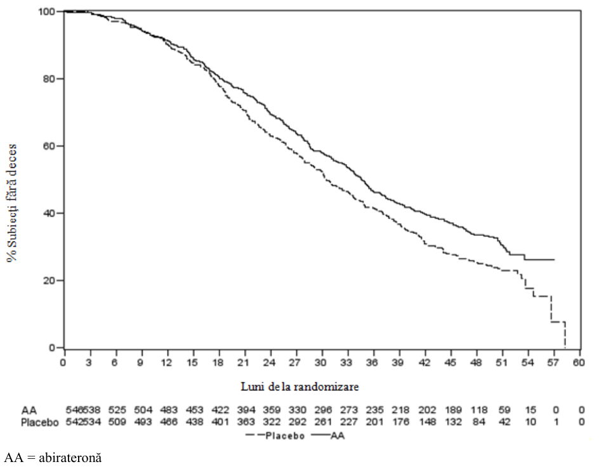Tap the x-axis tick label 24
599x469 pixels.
(x=270, y=363)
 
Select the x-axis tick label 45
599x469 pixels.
(x=451, y=363)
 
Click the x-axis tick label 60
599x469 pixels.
(x=579, y=363)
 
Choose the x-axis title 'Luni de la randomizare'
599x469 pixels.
(x=300, y=387)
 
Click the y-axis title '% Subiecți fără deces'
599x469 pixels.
(x=12, y=203)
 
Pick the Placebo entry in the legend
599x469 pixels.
(x=275, y=436)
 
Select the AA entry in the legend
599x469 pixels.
(x=328, y=436)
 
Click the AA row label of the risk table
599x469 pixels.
(x=29, y=411)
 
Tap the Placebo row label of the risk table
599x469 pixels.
(x=40, y=423)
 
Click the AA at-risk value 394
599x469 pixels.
(x=246, y=410)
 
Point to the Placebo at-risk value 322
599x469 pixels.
(x=272, y=422)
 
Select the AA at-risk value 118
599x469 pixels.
(x=479, y=410)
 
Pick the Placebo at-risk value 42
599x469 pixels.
(x=504, y=422)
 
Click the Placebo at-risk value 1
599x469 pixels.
(x=556, y=422)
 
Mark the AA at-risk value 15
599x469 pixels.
(x=530, y=410)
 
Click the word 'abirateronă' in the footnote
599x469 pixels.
(x=70, y=458)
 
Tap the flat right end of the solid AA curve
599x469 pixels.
(x=554, y=259)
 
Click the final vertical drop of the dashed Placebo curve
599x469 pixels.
(x=565, y=335)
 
